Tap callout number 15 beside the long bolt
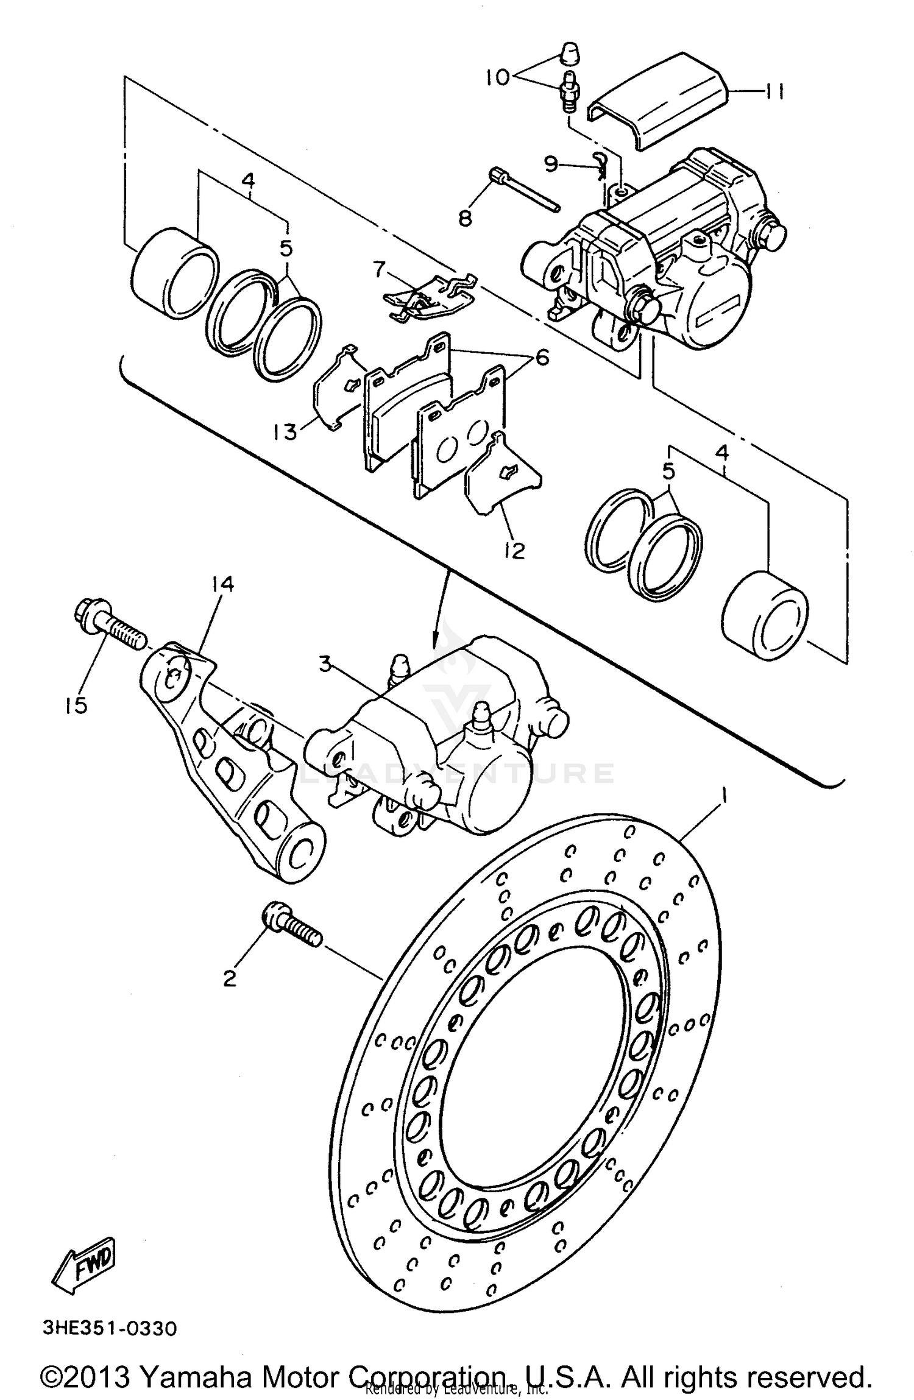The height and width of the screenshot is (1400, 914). point(77,705)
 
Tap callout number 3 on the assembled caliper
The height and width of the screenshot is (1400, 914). point(326,664)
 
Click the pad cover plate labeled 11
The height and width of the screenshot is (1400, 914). point(661,97)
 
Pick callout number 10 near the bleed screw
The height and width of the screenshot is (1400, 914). point(498,77)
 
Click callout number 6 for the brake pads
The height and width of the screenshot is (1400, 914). point(541,356)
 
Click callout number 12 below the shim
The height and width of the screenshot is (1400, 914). point(515,550)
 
